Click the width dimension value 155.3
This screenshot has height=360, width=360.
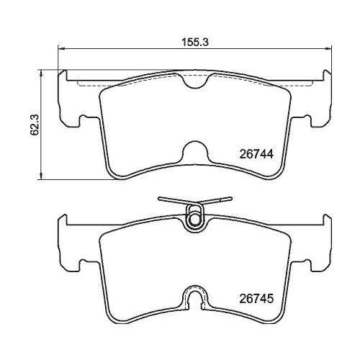[194, 42]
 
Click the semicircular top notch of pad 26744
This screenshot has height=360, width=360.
[194, 81]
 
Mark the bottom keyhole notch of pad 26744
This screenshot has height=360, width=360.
[194, 152]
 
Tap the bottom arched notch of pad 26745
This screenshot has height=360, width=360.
[194, 299]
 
